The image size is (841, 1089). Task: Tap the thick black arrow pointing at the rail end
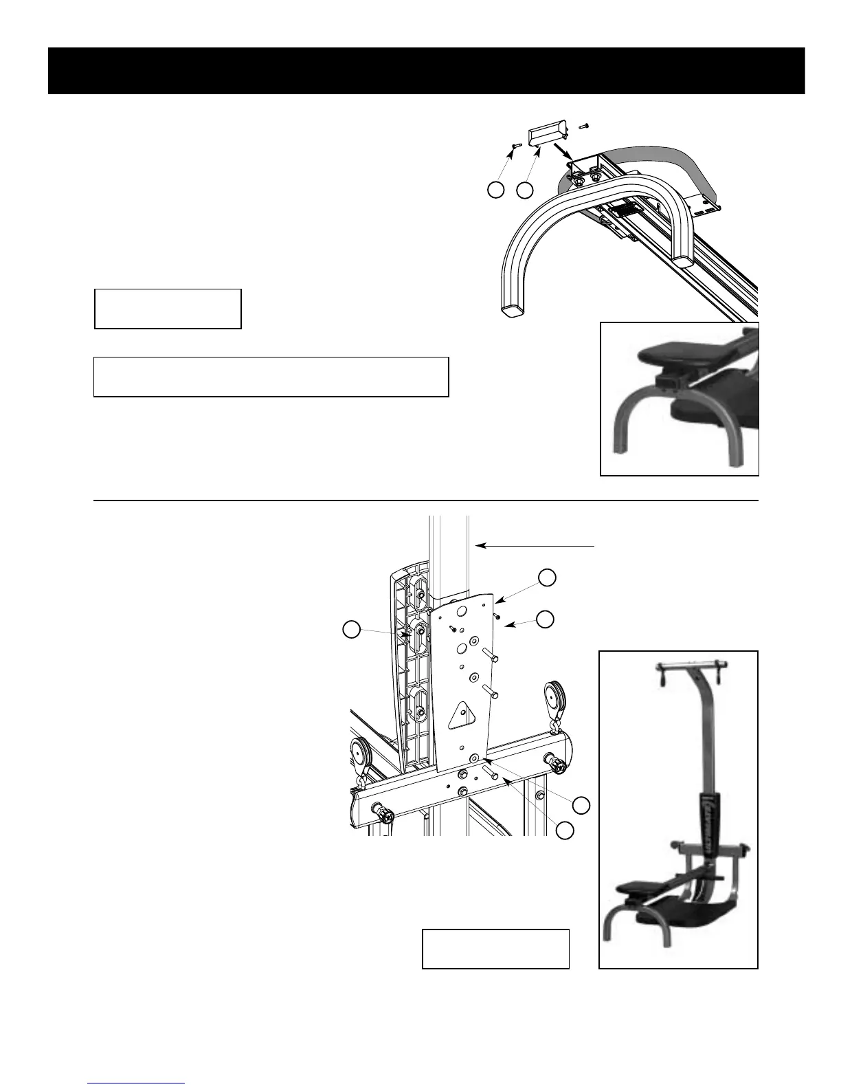point(562,150)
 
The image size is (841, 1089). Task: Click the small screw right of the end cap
point(584,126)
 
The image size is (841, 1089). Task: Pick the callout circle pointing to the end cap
point(526,190)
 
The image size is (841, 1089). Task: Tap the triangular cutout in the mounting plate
point(462,715)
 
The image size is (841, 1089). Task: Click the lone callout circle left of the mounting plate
point(351,629)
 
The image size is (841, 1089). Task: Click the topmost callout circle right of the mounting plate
point(546,577)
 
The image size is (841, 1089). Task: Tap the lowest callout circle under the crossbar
point(565,830)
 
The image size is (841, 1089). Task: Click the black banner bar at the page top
point(426,71)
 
